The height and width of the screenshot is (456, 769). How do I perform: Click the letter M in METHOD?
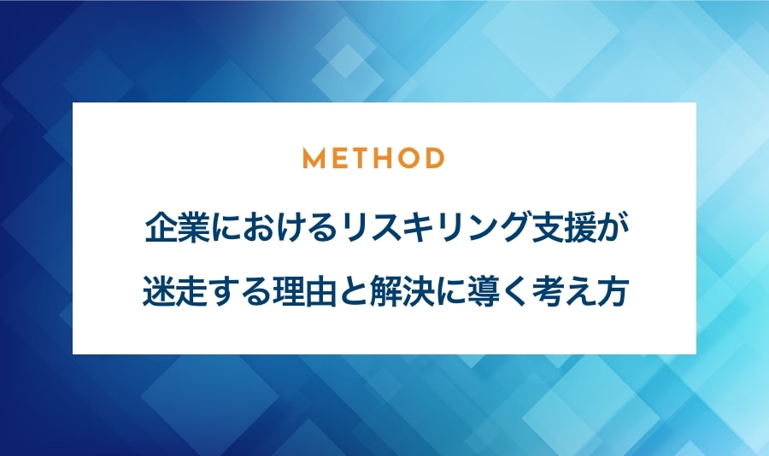314,158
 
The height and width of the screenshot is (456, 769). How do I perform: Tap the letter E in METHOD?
340,158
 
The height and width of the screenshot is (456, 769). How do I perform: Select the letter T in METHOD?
361,158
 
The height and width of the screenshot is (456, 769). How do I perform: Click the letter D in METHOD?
435,158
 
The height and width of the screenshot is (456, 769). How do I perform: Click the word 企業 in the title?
178,228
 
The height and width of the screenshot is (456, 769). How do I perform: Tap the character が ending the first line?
613,228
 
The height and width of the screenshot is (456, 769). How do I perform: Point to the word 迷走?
174,292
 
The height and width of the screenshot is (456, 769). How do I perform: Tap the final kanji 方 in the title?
612,292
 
